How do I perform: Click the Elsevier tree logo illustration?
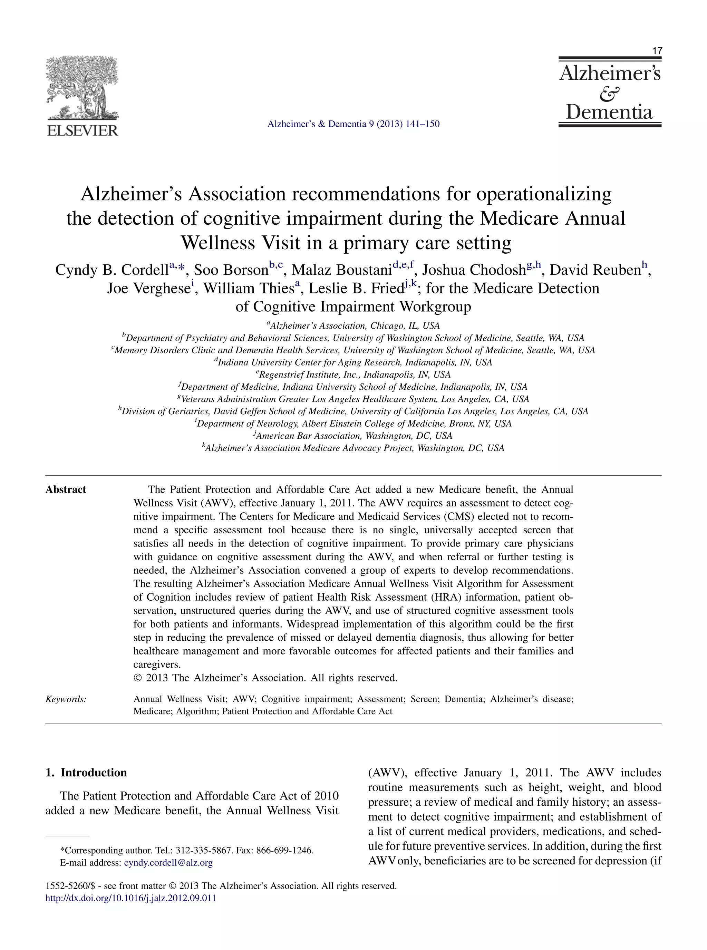coord(82,88)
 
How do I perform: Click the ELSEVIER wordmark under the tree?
coord(82,130)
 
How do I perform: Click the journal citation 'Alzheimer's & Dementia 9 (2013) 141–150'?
coord(353,124)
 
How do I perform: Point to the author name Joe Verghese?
coord(148,289)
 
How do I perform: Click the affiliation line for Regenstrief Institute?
coord(353,375)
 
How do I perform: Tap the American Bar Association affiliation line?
coord(353,436)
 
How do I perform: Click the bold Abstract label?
coord(66,489)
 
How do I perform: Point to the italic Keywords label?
coord(66,699)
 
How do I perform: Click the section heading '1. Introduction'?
coord(86,773)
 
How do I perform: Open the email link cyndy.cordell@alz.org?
coord(168,863)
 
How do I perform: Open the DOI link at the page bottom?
coord(130,898)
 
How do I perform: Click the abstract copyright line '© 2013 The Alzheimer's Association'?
coord(265,678)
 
